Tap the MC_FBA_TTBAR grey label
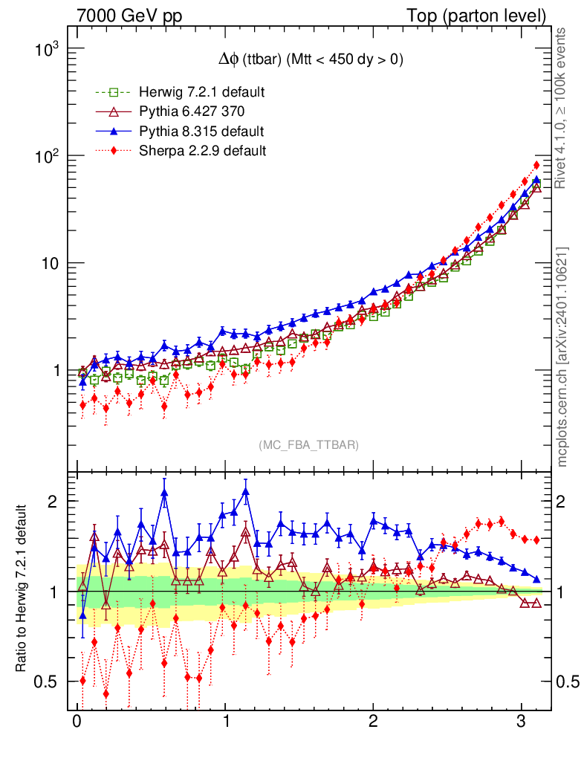click(308, 445)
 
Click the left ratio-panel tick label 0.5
click(46, 681)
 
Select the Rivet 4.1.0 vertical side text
click(562, 108)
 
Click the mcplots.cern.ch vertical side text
click(562, 357)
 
